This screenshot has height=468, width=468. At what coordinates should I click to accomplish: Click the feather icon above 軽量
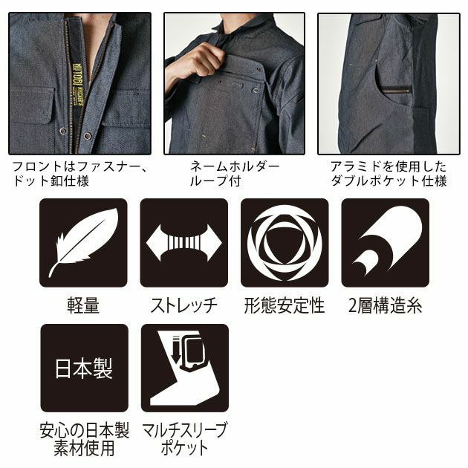click(x=83, y=243)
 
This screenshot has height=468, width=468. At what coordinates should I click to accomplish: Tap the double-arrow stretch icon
click(x=183, y=243)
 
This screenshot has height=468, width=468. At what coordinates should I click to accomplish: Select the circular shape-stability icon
click(x=285, y=243)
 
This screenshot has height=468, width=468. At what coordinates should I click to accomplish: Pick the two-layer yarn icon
click(x=385, y=243)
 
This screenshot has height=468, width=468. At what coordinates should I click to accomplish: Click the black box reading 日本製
click(x=83, y=368)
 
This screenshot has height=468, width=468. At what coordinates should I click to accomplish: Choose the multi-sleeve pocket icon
click(x=183, y=368)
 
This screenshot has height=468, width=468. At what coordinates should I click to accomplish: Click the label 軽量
click(x=83, y=305)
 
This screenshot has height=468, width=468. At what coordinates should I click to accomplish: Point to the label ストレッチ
click(x=183, y=305)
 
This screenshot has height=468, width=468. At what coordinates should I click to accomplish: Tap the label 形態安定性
click(x=285, y=305)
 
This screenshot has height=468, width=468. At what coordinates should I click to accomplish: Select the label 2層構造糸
click(x=385, y=305)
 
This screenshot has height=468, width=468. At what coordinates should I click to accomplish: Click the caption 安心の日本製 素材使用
click(x=83, y=440)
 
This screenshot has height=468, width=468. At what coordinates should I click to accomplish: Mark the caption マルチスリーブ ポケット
click(x=184, y=440)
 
